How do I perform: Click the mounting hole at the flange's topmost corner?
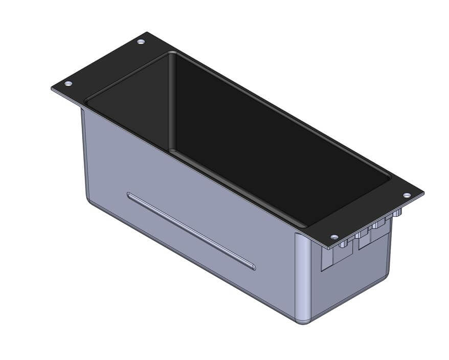click(x=141, y=41)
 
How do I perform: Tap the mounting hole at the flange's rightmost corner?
click(x=407, y=195)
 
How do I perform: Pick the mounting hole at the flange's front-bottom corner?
click(x=334, y=237)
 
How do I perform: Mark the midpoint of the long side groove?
click(x=191, y=231)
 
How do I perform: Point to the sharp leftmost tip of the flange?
click(x=52, y=88)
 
